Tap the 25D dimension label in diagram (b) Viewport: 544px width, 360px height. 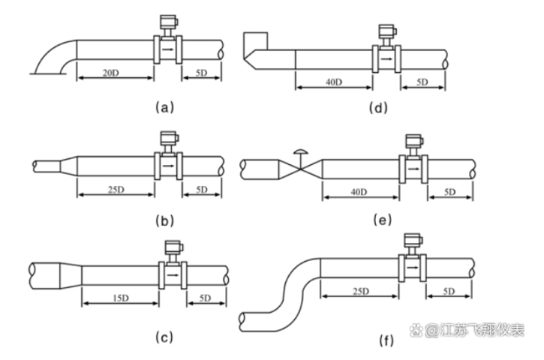click(115, 190)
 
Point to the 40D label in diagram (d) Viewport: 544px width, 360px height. click(334, 81)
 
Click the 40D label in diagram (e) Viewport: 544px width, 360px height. click(359, 192)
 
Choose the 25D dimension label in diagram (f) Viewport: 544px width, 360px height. click(360, 290)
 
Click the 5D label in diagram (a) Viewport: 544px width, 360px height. click(201, 72)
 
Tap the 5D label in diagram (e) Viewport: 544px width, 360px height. click(450, 192)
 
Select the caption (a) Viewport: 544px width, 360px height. click(164, 107)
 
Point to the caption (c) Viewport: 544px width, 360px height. click(164, 337)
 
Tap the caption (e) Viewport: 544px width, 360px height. click(383, 220)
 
